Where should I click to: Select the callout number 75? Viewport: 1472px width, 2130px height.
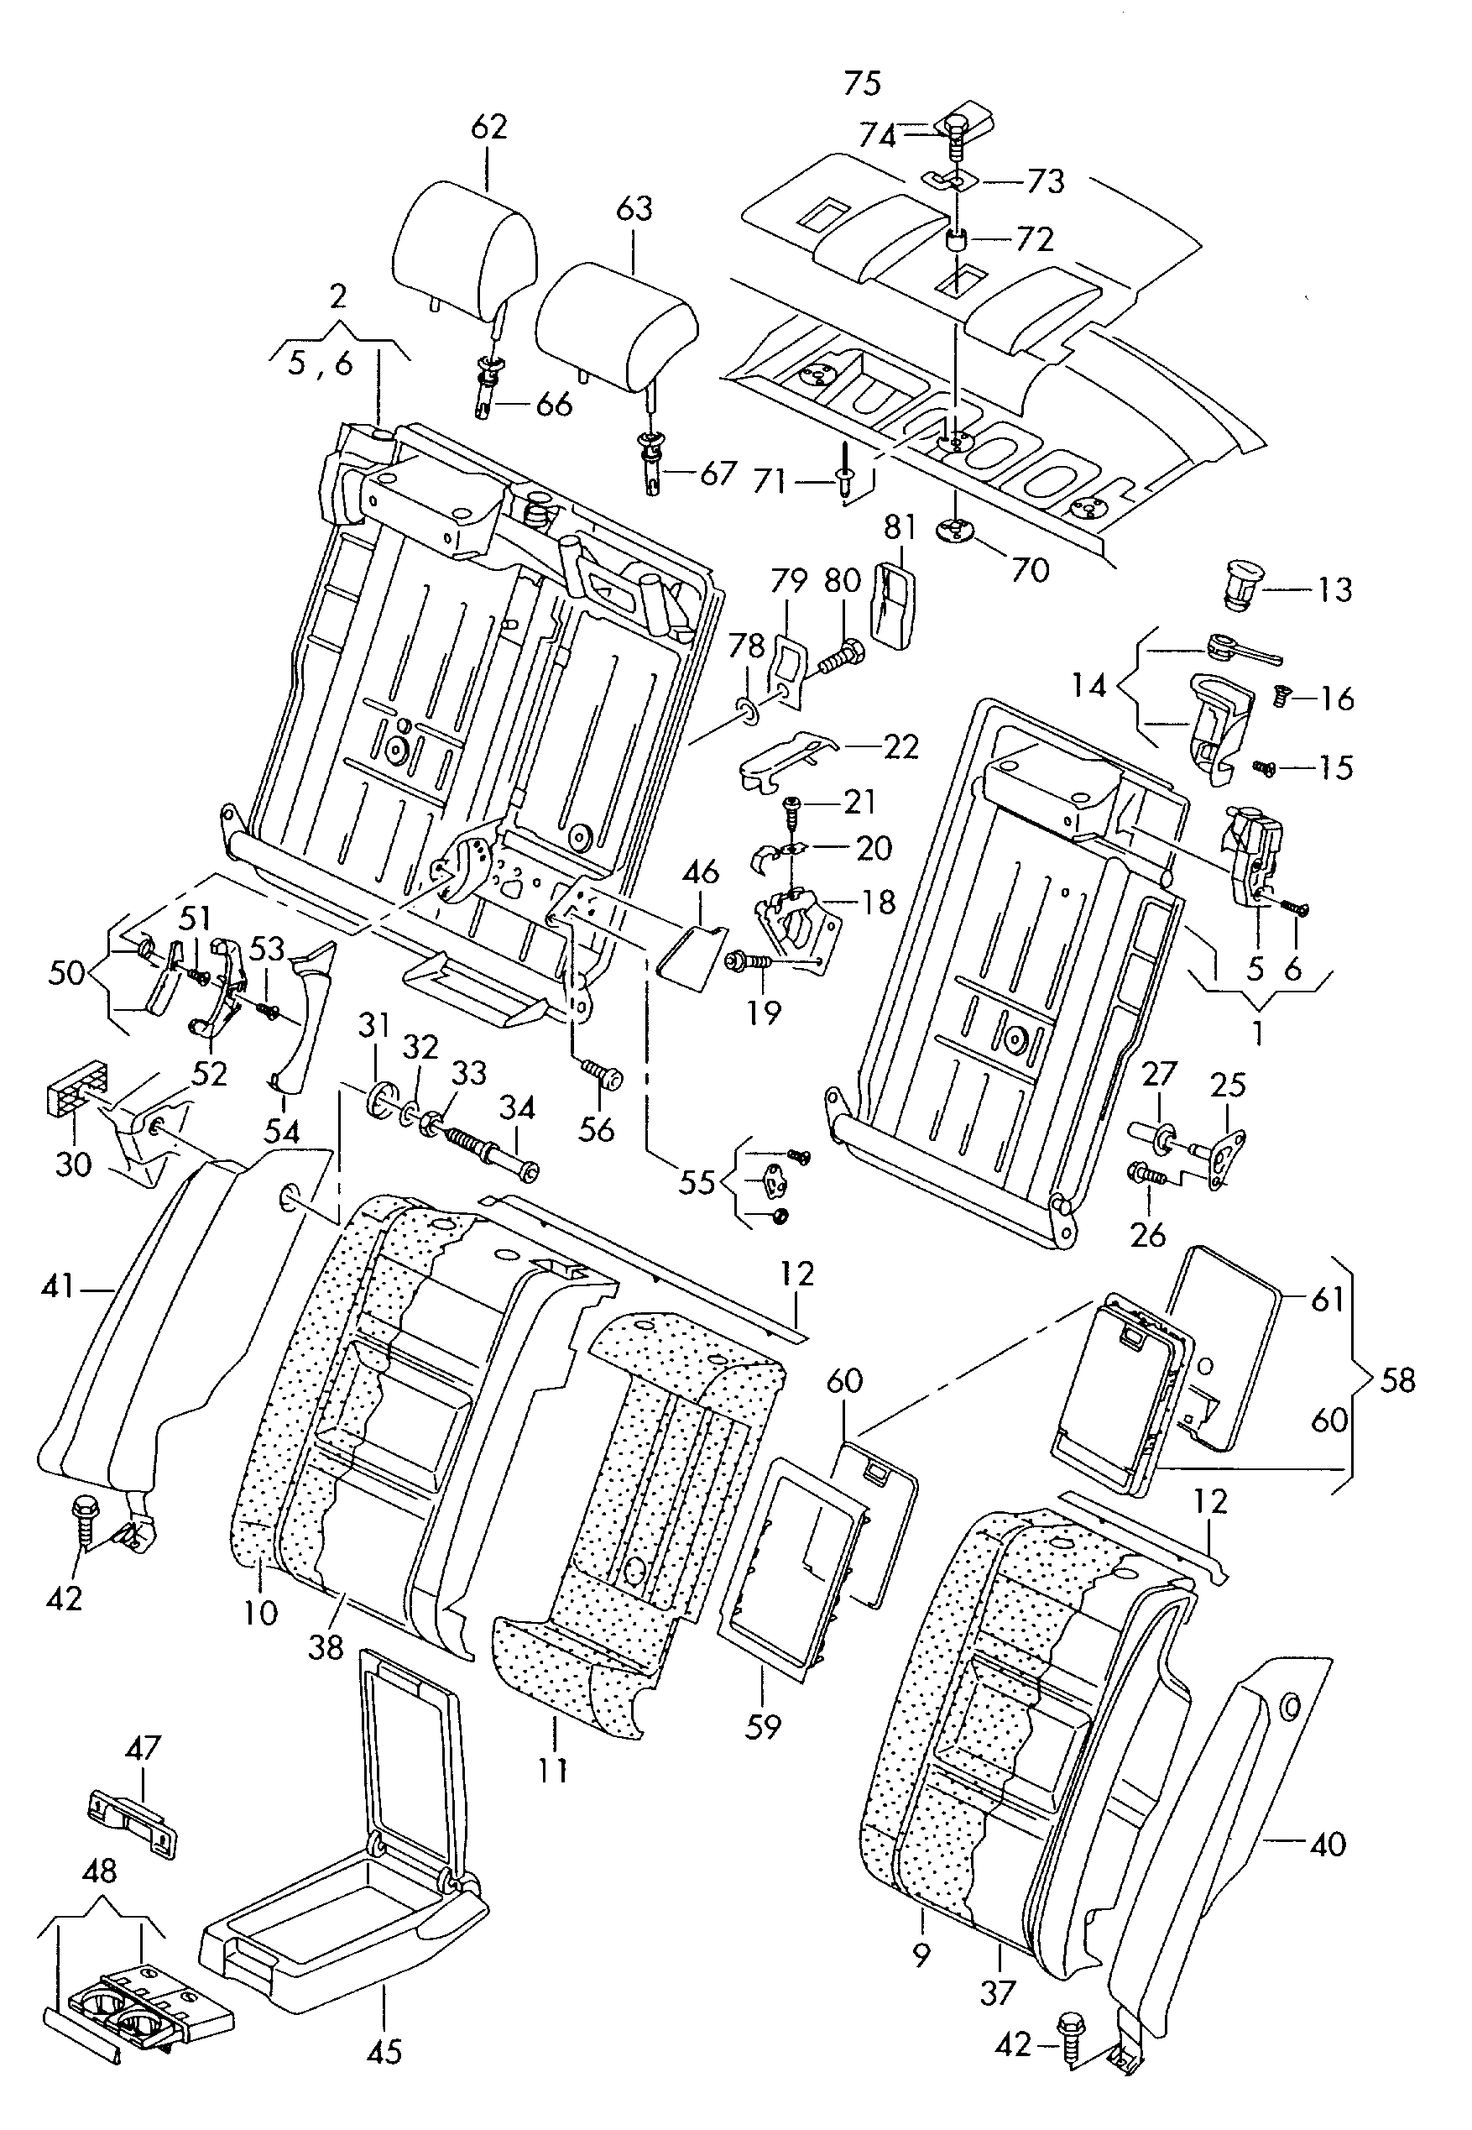pos(863,83)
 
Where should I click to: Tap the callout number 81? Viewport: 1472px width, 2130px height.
pos(900,526)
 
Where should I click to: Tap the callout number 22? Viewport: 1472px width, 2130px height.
pos(900,746)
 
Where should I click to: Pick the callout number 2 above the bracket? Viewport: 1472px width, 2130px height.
pos(337,296)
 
